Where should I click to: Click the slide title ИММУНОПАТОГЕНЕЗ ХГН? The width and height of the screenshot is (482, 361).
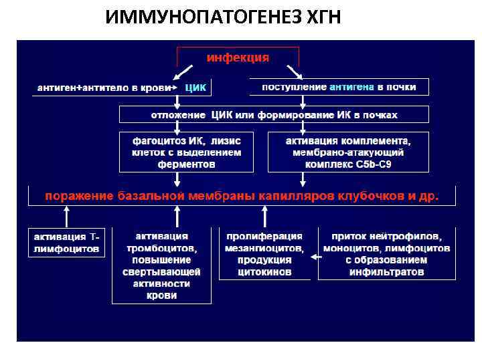[223, 17]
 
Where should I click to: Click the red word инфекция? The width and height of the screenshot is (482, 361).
[238, 58]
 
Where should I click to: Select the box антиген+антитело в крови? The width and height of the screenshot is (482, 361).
[104, 88]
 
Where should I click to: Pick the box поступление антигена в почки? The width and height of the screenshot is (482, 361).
[339, 87]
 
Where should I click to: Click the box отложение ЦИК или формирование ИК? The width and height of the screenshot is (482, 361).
[274, 115]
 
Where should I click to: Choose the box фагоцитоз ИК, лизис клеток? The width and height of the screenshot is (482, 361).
[178, 152]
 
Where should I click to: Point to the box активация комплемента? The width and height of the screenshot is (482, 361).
[349, 152]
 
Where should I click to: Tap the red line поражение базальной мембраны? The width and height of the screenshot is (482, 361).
[242, 197]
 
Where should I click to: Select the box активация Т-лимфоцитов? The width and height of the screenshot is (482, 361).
[66, 243]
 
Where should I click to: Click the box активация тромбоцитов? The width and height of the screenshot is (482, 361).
[161, 265]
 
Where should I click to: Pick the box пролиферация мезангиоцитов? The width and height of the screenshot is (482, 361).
[264, 254]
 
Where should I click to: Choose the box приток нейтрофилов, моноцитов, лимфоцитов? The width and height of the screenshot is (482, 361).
[387, 254]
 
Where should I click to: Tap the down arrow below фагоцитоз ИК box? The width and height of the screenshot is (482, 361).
[177, 178]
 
